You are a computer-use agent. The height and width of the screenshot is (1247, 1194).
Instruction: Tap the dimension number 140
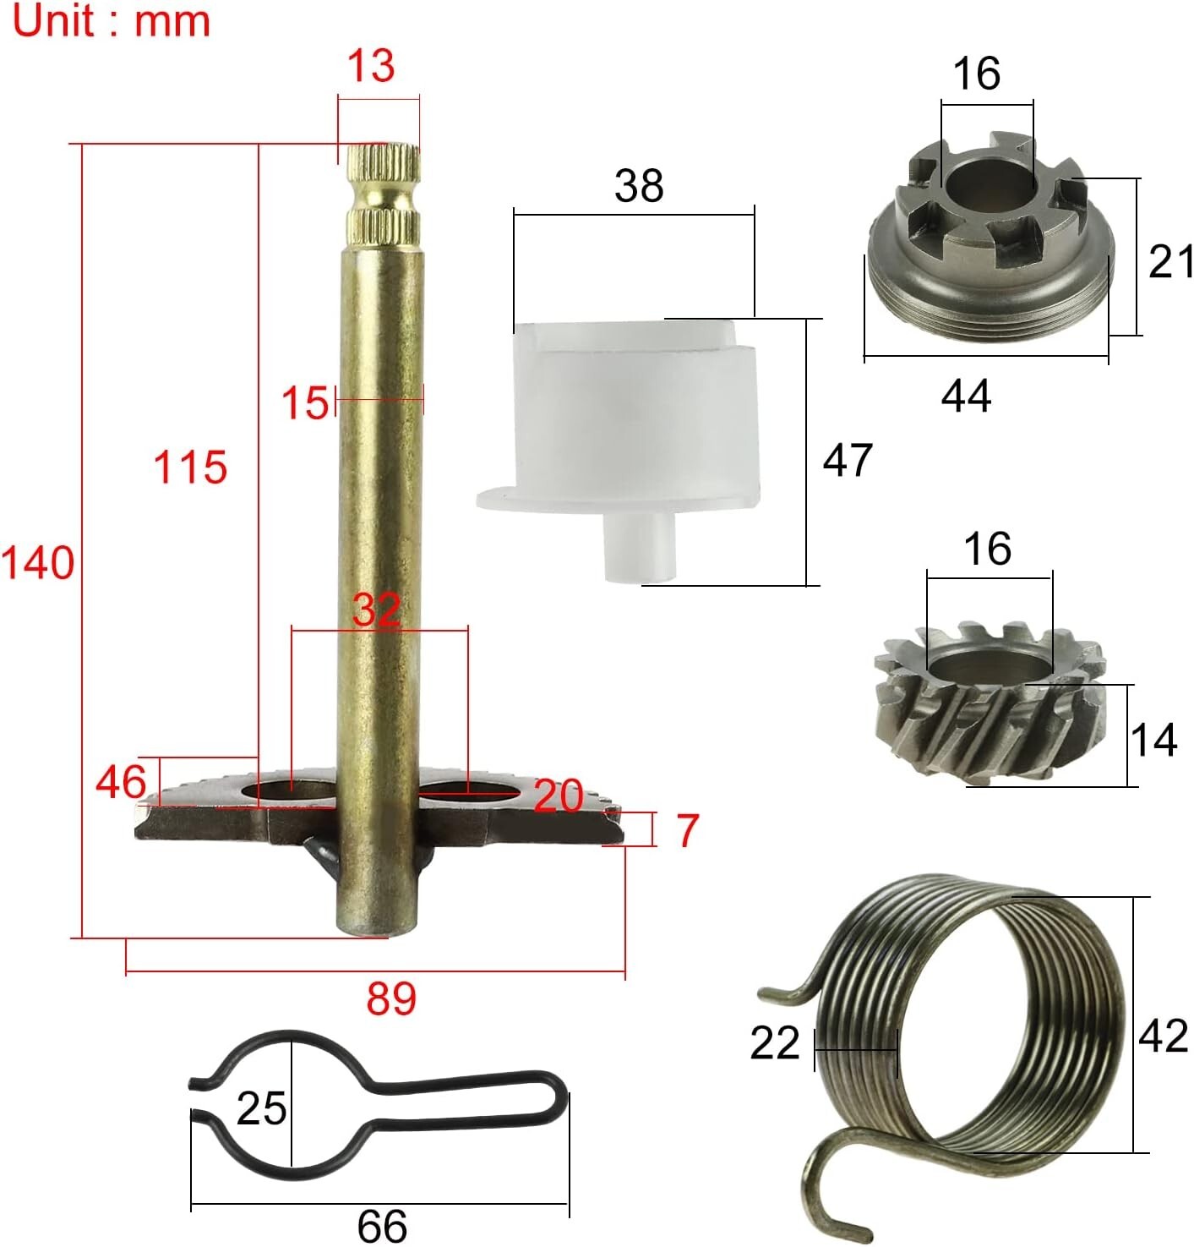[x=37, y=563]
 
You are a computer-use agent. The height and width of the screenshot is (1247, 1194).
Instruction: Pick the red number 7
[x=687, y=831]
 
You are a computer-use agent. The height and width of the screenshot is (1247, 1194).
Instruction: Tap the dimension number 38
[x=639, y=186]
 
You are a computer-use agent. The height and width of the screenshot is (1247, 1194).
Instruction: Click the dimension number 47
[x=848, y=459]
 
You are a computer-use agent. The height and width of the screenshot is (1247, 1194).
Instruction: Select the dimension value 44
[x=966, y=396]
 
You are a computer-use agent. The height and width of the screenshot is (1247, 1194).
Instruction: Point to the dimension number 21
[x=1170, y=261]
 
